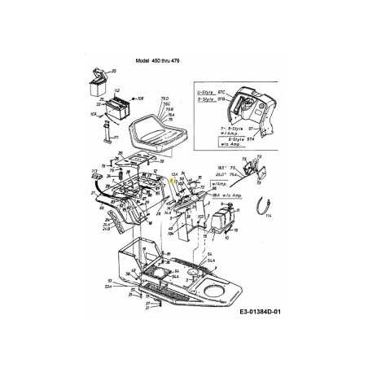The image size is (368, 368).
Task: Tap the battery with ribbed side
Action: click(112, 107)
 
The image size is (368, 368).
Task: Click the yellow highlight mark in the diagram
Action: click(172, 182)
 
